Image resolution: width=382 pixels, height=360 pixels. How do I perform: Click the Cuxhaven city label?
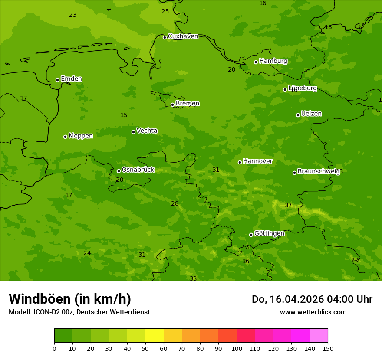183,36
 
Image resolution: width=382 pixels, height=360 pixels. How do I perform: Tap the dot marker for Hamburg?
256,62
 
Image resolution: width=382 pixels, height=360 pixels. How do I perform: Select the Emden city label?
71,79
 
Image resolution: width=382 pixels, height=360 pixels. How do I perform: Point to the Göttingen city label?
269,234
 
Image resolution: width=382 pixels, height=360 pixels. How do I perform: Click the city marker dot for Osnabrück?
119,171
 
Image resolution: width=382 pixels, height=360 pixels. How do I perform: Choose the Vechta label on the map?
147,131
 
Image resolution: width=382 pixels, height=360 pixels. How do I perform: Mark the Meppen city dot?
65,137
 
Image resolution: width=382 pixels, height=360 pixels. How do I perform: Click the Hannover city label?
257,161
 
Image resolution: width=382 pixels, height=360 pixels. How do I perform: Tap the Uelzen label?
311,114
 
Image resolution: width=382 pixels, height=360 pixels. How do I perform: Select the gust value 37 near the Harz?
288,206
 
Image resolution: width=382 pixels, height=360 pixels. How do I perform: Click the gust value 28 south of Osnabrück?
175,204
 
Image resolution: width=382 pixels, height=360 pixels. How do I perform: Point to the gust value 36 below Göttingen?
246,262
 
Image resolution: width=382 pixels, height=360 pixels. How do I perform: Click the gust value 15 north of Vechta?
124,115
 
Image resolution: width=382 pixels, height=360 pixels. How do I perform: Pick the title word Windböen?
40,299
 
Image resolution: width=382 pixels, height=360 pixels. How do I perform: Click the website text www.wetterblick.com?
313,312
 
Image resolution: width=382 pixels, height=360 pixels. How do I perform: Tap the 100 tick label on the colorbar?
237,348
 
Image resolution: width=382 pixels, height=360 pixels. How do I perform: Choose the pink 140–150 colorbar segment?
319,336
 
